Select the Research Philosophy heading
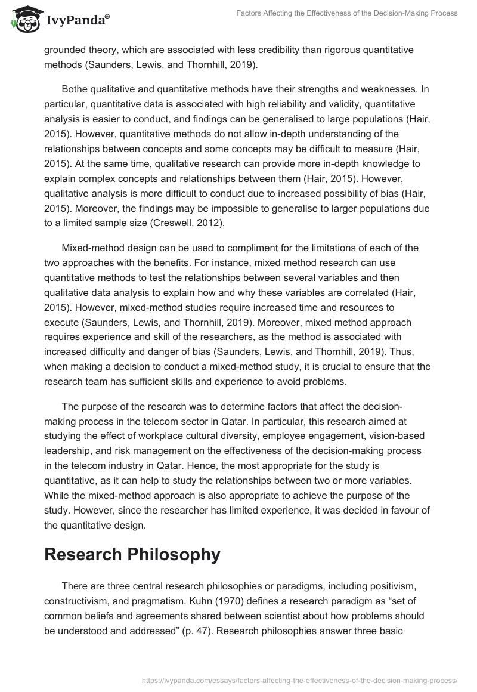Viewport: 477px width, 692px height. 132,554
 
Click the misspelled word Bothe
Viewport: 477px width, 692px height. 76,89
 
